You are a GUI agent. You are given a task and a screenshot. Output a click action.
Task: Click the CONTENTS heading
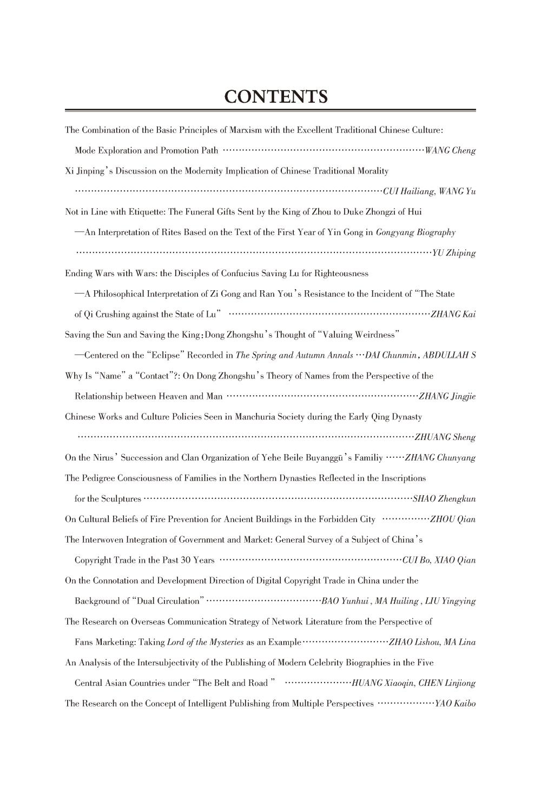(x=276, y=97)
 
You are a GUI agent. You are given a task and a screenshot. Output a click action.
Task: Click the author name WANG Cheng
(x=450, y=150)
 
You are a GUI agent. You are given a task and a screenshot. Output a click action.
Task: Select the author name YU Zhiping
(x=454, y=253)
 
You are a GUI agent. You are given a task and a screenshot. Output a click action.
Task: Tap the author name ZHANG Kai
(x=453, y=315)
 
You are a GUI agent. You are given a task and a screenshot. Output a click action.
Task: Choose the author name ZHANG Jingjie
(x=447, y=396)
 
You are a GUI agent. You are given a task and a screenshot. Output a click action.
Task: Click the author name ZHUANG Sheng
(x=445, y=437)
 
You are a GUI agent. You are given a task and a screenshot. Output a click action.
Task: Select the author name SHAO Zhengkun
(x=444, y=499)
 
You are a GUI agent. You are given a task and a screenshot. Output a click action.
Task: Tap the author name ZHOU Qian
(x=453, y=519)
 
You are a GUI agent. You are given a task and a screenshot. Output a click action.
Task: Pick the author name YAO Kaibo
(x=455, y=704)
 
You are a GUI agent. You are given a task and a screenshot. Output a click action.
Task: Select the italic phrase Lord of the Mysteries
(x=206, y=642)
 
